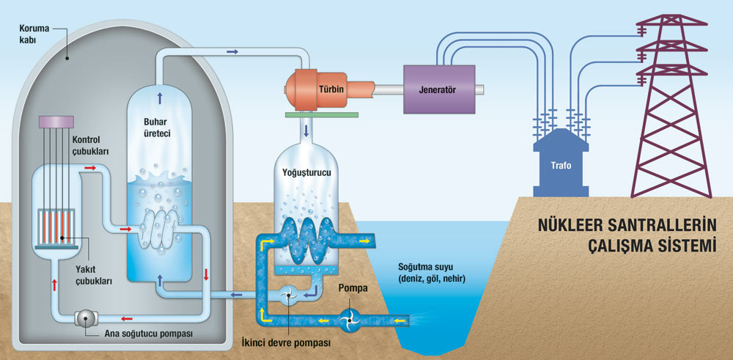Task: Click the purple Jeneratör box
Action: (437, 89)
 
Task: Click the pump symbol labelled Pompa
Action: (349, 318)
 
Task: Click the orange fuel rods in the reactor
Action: (57, 229)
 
